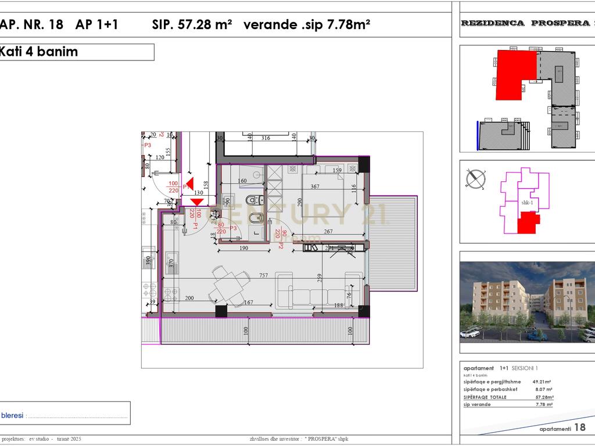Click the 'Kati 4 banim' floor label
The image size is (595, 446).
(x=38, y=52)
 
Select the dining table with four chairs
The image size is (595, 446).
(x=227, y=285)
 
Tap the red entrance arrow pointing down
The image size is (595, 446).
(x=196, y=202)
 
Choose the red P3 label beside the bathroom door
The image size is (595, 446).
(x=233, y=228)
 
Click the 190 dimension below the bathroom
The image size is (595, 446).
(x=244, y=248)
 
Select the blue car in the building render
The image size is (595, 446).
(x=532, y=336)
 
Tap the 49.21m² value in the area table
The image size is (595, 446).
(x=543, y=382)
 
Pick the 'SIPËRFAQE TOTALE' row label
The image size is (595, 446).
(x=485, y=397)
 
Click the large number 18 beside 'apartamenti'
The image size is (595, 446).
(x=579, y=427)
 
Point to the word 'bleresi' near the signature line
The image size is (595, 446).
(x=12, y=415)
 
